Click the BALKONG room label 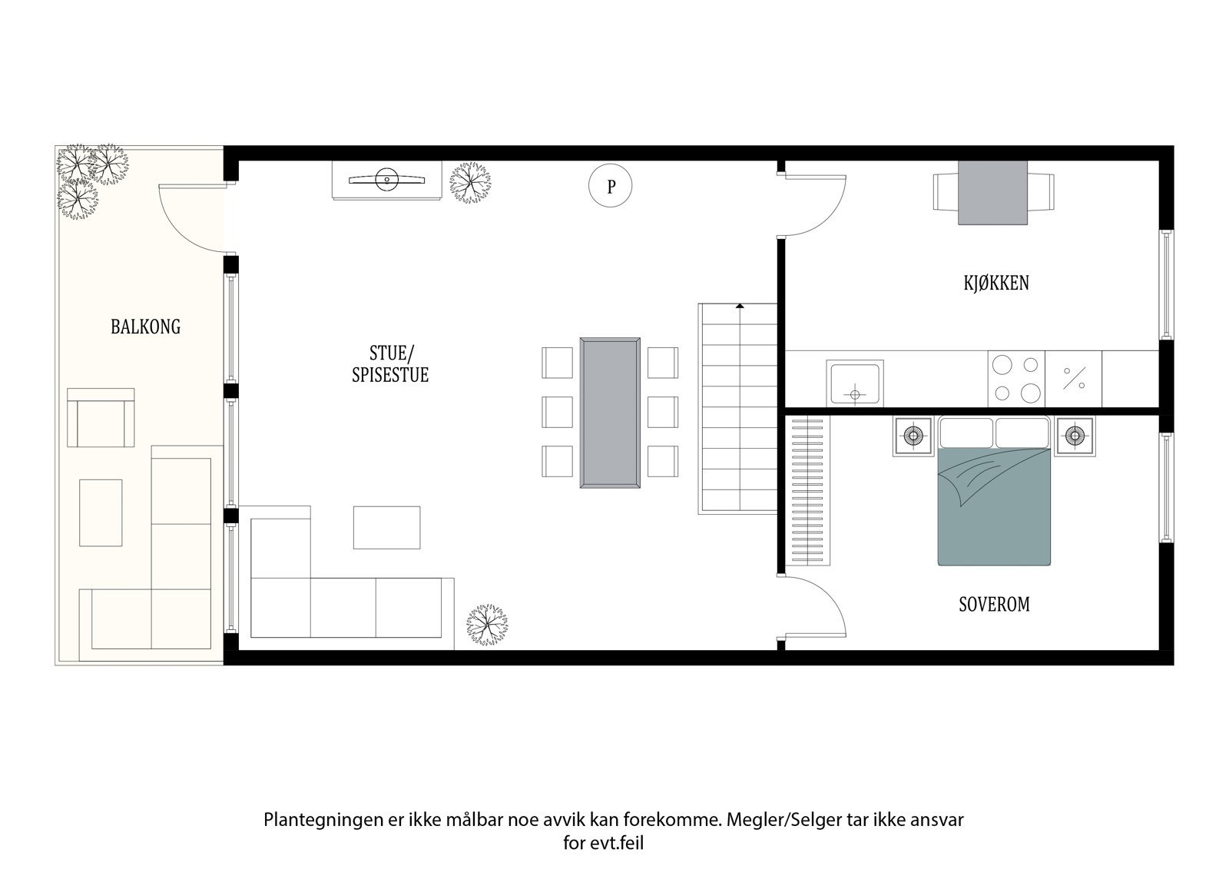[145, 327]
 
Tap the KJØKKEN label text [995, 283]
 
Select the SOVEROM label [994, 605]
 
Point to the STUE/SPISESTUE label [390, 364]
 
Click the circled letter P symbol [611, 186]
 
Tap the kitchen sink [854, 383]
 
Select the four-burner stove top [1015, 378]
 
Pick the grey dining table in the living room [610, 413]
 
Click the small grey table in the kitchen [992, 193]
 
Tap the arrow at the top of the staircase [740, 307]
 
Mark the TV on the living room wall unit [386, 180]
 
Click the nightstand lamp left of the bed [913, 436]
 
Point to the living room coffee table [386, 527]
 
